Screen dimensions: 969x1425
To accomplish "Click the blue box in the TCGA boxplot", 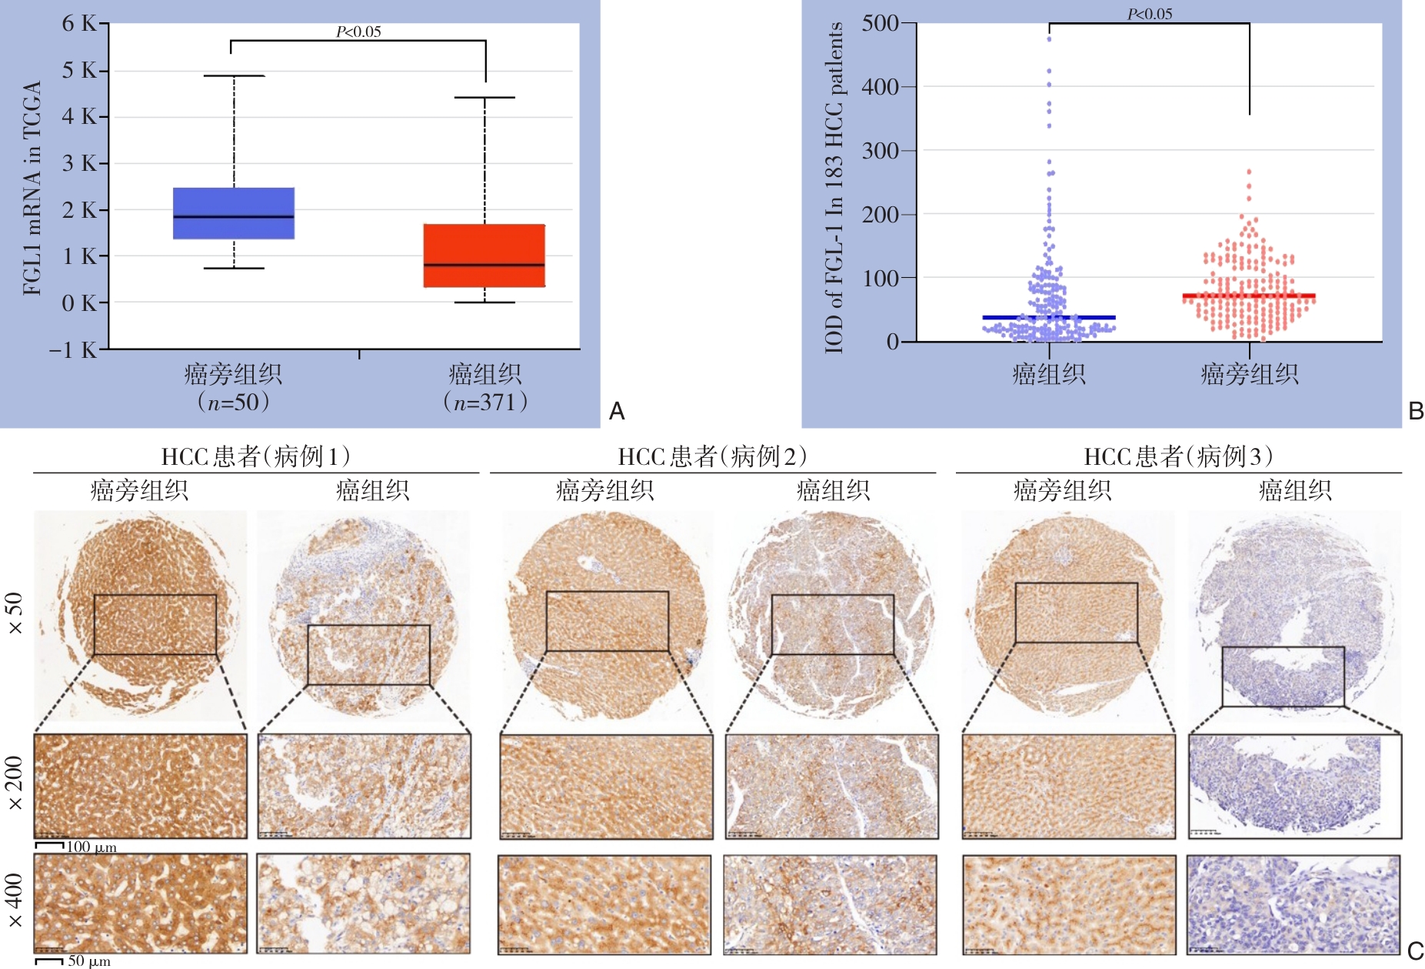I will [x=233, y=213].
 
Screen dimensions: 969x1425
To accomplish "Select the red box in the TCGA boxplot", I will [x=484, y=256].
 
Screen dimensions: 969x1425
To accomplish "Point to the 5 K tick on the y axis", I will [x=80, y=71].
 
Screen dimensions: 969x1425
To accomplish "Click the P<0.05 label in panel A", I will [x=358, y=32].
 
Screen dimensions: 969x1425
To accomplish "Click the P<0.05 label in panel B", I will [x=1150, y=14].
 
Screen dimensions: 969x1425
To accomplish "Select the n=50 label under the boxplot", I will [x=233, y=402].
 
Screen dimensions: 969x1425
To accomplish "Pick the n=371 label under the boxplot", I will [x=484, y=402].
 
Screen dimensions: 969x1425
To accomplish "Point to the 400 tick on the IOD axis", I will [x=881, y=87].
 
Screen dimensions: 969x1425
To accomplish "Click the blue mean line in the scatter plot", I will [x=1048, y=317].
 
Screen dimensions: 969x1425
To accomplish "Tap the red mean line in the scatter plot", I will [x=1249, y=296].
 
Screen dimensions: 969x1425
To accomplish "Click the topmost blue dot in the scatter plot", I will [x=1049, y=38].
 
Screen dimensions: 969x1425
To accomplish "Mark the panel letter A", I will [x=617, y=412].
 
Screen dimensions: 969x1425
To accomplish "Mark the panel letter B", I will [x=1416, y=412].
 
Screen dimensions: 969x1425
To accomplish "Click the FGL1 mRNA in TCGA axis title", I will [x=32, y=188].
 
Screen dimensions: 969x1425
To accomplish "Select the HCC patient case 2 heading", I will [x=712, y=456].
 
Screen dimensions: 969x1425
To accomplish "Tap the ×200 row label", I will [x=15, y=784].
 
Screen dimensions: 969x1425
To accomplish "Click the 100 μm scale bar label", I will [x=92, y=847].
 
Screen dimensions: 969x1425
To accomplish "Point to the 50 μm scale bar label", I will [x=89, y=961].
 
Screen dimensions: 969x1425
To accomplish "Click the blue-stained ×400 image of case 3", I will [x=1293, y=904].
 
